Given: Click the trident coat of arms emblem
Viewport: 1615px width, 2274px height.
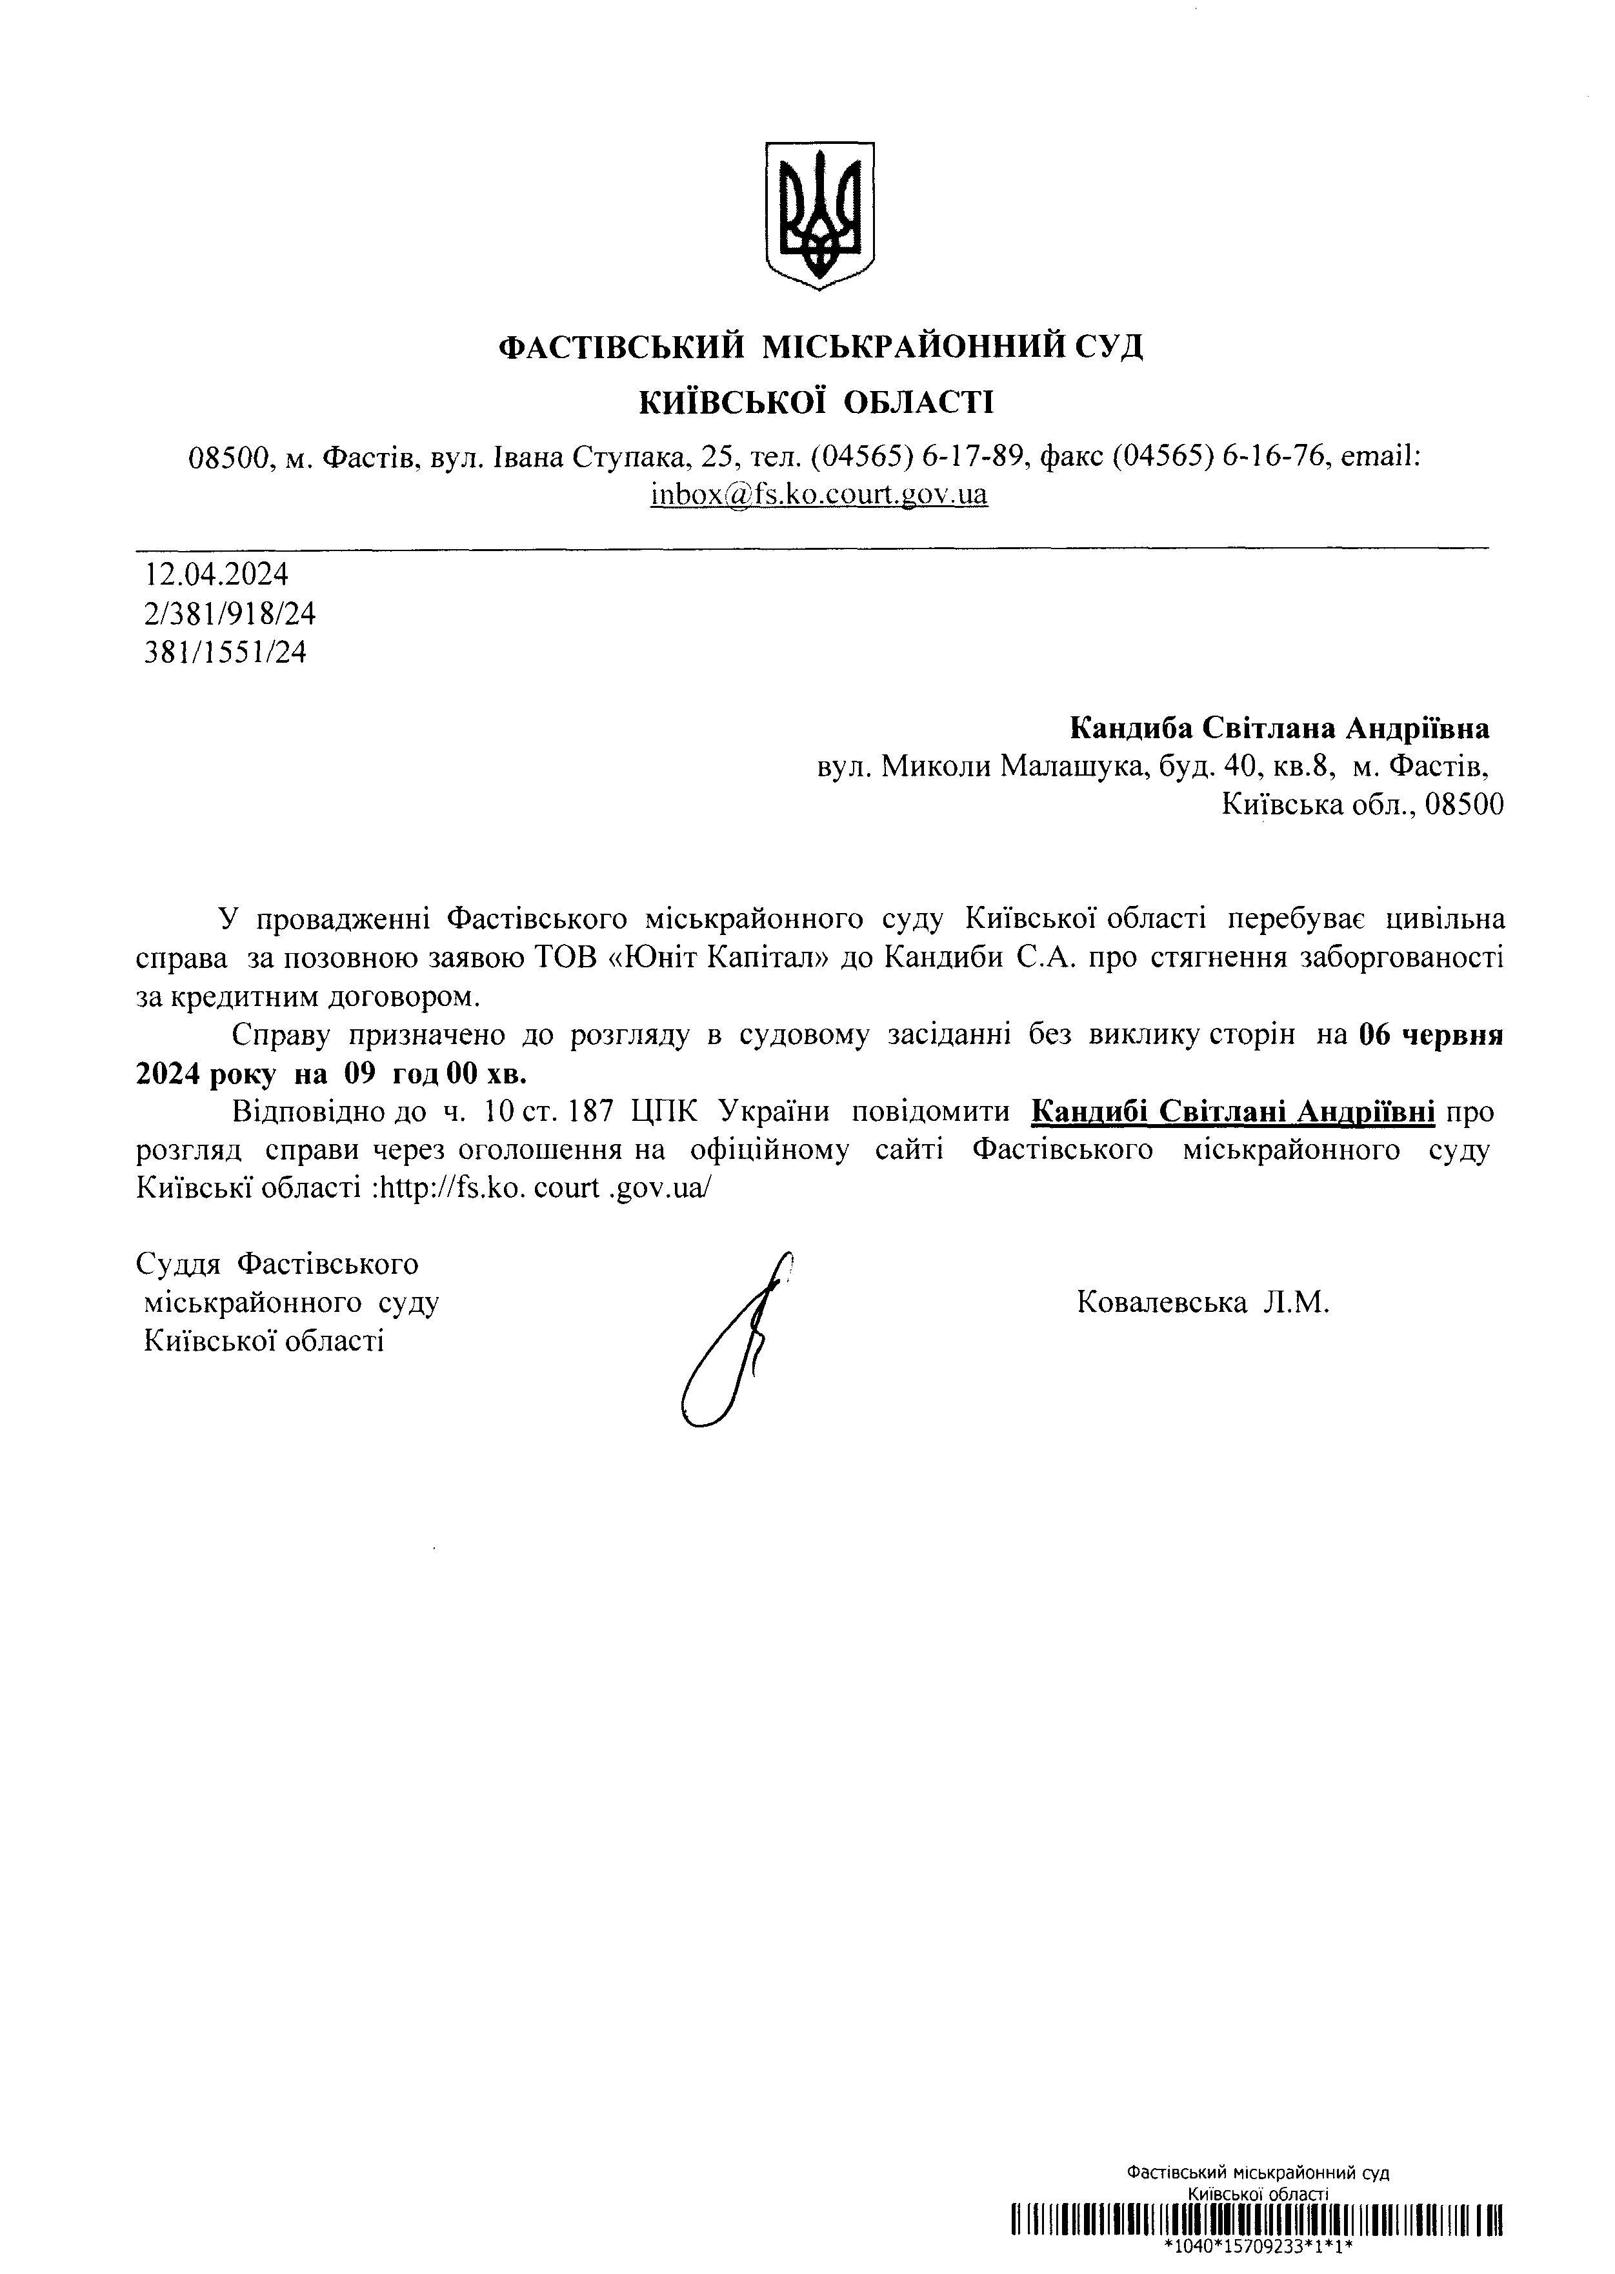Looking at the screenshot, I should coord(818,215).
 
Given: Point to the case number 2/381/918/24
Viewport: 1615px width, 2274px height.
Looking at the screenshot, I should coord(230,614).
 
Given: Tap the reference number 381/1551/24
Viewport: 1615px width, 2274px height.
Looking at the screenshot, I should coord(225,652).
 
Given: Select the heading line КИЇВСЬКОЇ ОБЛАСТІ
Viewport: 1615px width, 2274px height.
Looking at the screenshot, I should coord(816,403).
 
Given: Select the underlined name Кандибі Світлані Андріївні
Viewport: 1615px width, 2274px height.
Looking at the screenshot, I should coord(1232,1111).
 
